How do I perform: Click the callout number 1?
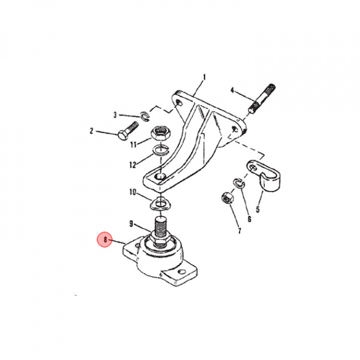point(204,77)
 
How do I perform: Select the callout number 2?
point(91,131)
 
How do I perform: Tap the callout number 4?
point(232,90)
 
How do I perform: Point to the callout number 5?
point(259,210)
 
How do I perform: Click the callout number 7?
point(239,230)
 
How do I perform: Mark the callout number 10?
point(132,191)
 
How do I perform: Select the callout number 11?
point(133,145)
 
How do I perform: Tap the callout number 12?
point(132,164)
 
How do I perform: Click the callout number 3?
point(114,115)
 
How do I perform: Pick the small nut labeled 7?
point(226,198)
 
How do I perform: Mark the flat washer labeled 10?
point(160,203)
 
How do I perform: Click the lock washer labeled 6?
point(237,182)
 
